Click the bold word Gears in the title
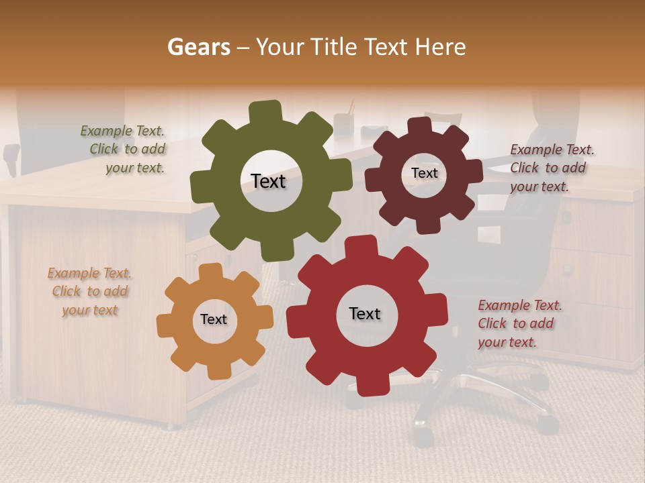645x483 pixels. click(x=198, y=47)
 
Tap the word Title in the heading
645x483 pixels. click(x=335, y=47)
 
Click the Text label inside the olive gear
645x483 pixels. click(x=268, y=181)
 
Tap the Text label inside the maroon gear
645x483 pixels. click(x=424, y=173)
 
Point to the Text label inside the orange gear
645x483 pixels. click(x=214, y=319)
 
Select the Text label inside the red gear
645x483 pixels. click(x=365, y=313)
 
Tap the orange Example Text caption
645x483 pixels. click(x=89, y=292)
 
